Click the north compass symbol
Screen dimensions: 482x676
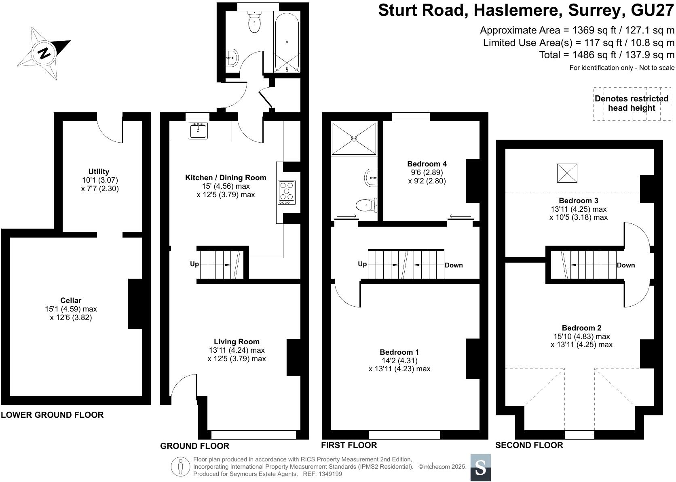[44, 53]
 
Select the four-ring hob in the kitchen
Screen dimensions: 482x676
[287, 192]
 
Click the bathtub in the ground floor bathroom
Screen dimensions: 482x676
[287, 42]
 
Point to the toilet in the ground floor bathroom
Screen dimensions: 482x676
[254, 21]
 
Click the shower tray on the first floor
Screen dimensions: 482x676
[354, 139]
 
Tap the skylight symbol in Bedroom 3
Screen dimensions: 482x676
[567, 173]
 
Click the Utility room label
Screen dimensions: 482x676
[99, 171]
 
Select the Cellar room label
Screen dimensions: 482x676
[71, 300]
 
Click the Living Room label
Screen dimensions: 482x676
[237, 341]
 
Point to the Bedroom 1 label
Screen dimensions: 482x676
[399, 352]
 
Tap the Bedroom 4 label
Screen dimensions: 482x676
[427, 164]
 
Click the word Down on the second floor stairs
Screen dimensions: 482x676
[626, 265]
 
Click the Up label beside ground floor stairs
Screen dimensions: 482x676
[194, 264]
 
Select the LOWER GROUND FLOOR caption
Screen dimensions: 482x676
[52, 415]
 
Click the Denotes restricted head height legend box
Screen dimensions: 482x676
[631, 103]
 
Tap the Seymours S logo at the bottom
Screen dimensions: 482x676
[480, 467]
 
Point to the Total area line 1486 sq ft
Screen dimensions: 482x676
[606, 55]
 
